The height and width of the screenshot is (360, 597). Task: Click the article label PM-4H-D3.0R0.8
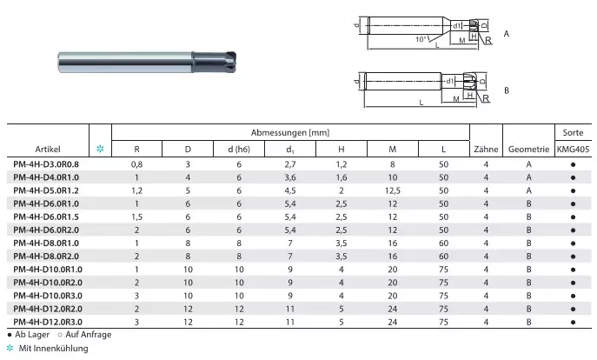point(46,164)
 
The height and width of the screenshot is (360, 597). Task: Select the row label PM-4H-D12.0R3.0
point(48,322)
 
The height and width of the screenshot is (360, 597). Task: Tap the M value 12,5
point(393,190)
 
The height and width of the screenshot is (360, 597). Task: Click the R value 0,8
point(136,164)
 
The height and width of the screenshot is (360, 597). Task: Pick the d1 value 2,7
point(290,164)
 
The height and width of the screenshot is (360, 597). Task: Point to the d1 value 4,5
point(290,190)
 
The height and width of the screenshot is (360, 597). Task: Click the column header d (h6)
point(239,149)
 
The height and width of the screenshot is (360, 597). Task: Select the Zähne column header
point(486,149)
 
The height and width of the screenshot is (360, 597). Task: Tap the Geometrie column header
point(528,149)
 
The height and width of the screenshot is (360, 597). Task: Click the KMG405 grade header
point(573,149)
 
